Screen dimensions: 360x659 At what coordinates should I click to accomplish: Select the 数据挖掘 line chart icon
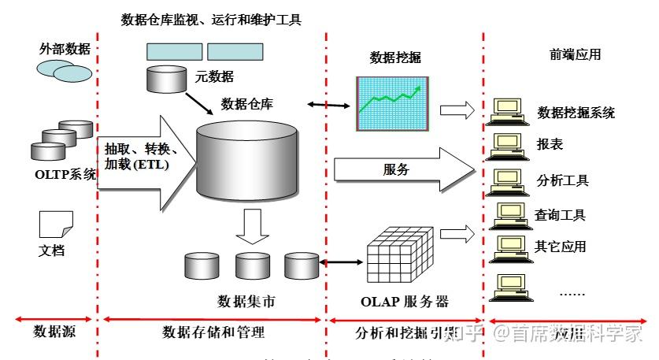tap(392, 103)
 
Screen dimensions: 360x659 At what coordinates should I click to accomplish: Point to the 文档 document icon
tap(56, 225)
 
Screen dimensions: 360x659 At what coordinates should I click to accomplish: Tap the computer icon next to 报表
tap(505, 145)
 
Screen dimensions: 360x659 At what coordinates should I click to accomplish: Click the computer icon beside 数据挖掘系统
tap(505, 111)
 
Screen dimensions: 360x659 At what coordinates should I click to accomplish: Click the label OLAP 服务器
tap(404, 302)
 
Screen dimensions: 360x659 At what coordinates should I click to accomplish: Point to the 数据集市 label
tap(246, 302)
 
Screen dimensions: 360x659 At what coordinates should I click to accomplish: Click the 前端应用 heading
tap(575, 54)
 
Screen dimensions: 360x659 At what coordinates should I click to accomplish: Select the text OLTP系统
tap(65, 174)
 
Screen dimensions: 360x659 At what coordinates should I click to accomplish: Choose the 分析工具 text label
tap(562, 180)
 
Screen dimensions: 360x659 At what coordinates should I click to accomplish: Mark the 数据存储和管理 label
tap(213, 332)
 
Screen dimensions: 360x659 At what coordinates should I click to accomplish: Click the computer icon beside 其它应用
tap(505, 247)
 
